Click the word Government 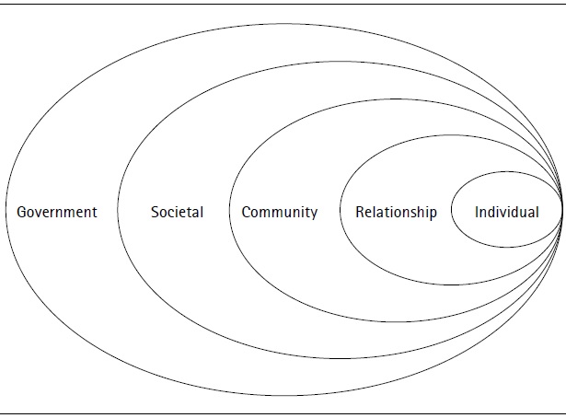(57, 212)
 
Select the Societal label (177, 212)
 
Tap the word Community (279, 212)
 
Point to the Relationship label (396, 212)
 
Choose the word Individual (506, 212)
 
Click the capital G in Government (22, 212)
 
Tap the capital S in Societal (155, 212)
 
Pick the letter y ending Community (313, 214)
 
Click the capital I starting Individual (477, 212)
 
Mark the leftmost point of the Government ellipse (6, 211)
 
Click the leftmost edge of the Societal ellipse (118, 211)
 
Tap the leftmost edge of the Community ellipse (229, 211)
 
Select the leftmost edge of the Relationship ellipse (341, 211)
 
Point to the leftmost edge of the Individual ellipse (451, 211)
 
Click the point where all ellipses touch (562, 211)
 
